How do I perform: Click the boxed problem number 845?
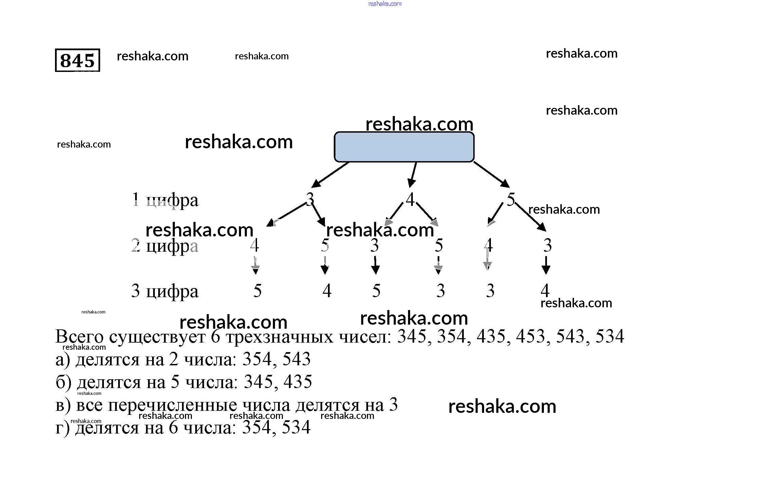point(77,60)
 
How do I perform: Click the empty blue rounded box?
point(404,147)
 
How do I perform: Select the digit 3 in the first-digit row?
point(310,199)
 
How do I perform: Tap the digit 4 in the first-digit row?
point(410,199)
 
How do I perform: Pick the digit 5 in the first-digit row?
point(511,199)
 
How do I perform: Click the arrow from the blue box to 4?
point(413,174)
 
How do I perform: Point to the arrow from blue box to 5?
point(491,174)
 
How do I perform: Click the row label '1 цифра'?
point(165,200)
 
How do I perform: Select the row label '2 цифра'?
point(165,246)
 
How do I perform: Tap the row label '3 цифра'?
point(165,291)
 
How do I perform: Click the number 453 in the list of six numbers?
point(530,336)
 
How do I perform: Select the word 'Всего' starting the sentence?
point(79,336)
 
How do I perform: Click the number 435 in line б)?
point(298,382)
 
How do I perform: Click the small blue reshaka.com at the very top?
point(385,4)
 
